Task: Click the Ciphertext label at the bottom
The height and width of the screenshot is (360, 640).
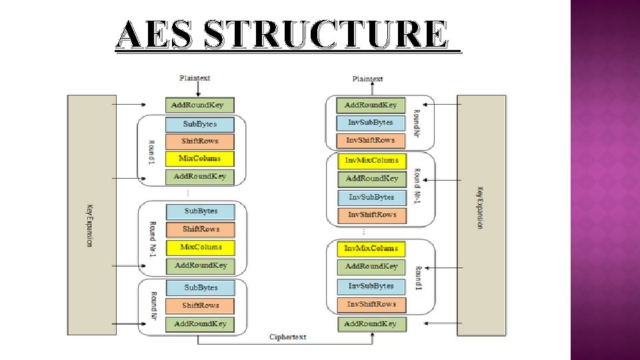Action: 287,337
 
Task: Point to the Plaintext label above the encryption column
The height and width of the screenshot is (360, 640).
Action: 195,78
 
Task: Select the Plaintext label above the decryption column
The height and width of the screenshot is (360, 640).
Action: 368,79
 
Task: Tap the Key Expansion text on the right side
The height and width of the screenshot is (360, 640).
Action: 479,207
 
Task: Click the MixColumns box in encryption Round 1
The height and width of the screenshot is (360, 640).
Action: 199,159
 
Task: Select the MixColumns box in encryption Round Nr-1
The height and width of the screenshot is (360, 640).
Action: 201,247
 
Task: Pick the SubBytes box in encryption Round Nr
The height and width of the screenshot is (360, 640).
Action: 201,287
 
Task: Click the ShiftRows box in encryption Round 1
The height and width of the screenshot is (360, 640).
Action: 199,141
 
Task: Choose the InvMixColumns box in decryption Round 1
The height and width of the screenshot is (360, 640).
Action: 371,249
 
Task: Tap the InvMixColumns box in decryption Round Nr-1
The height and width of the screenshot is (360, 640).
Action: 371,160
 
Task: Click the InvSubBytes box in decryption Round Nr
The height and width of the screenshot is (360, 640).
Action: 371,123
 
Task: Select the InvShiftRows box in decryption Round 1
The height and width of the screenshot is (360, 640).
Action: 371,304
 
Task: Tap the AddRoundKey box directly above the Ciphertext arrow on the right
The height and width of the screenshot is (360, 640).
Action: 370,324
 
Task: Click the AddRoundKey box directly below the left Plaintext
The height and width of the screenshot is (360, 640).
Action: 200,105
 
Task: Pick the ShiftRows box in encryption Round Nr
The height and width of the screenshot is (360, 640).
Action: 201,305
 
